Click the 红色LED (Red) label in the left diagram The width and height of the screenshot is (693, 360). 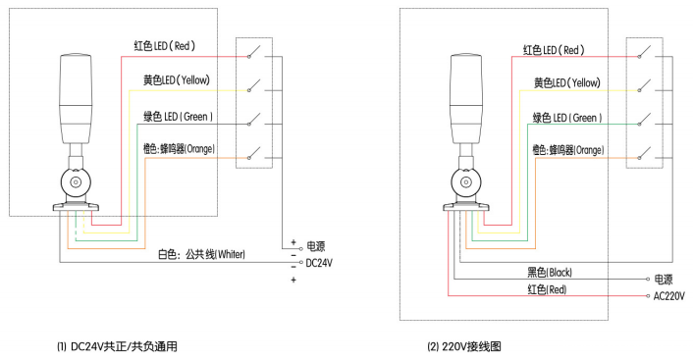[x=168, y=45]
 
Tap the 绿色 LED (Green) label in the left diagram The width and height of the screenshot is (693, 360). [x=179, y=118]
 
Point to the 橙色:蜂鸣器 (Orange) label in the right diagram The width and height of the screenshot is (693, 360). [x=567, y=150]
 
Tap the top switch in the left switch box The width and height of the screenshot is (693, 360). [x=257, y=52]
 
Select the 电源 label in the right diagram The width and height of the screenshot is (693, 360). [x=665, y=279]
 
